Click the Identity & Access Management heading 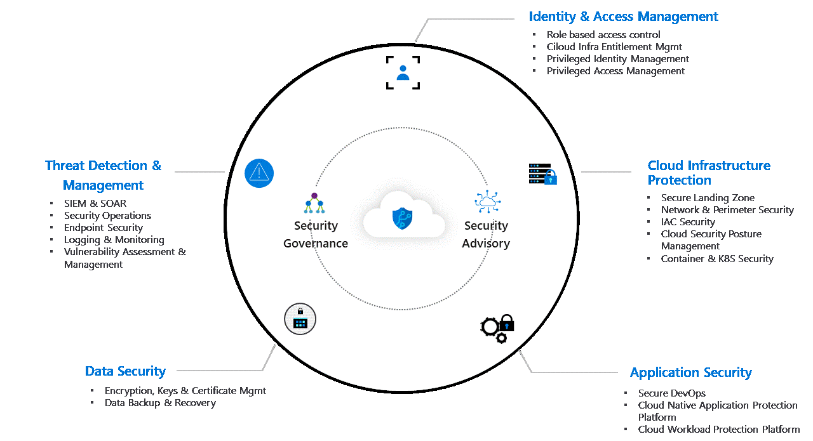pyautogui.click(x=623, y=16)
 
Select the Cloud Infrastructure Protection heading pyautogui.click(x=708, y=173)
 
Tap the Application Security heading pyautogui.click(x=690, y=372)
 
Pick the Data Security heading pyautogui.click(x=125, y=371)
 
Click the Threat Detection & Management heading pyautogui.click(x=103, y=175)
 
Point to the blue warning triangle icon pyautogui.click(x=259, y=173)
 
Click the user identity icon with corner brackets pyautogui.click(x=403, y=72)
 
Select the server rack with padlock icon pyautogui.click(x=542, y=174)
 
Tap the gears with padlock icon pyautogui.click(x=497, y=328)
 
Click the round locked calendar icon pyautogui.click(x=300, y=319)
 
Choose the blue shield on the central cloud pyautogui.click(x=403, y=218)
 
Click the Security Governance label pyautogui.click(x=316, y=234)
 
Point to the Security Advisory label pyautogui.click(x=486, y=234)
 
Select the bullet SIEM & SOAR pyautogui.click(x=95, y=204)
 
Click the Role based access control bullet pyautogui.click(x=603, y=35)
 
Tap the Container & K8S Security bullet pyautogui.click(x=717, y=259)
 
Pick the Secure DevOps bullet pyautogui.click(x=672, y=393)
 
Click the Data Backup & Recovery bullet pyautogui.click(x=160, y=403)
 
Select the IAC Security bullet pyautogui.click(x=688, y=222)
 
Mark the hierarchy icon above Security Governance pyautogui.click(x=314, y=203)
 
